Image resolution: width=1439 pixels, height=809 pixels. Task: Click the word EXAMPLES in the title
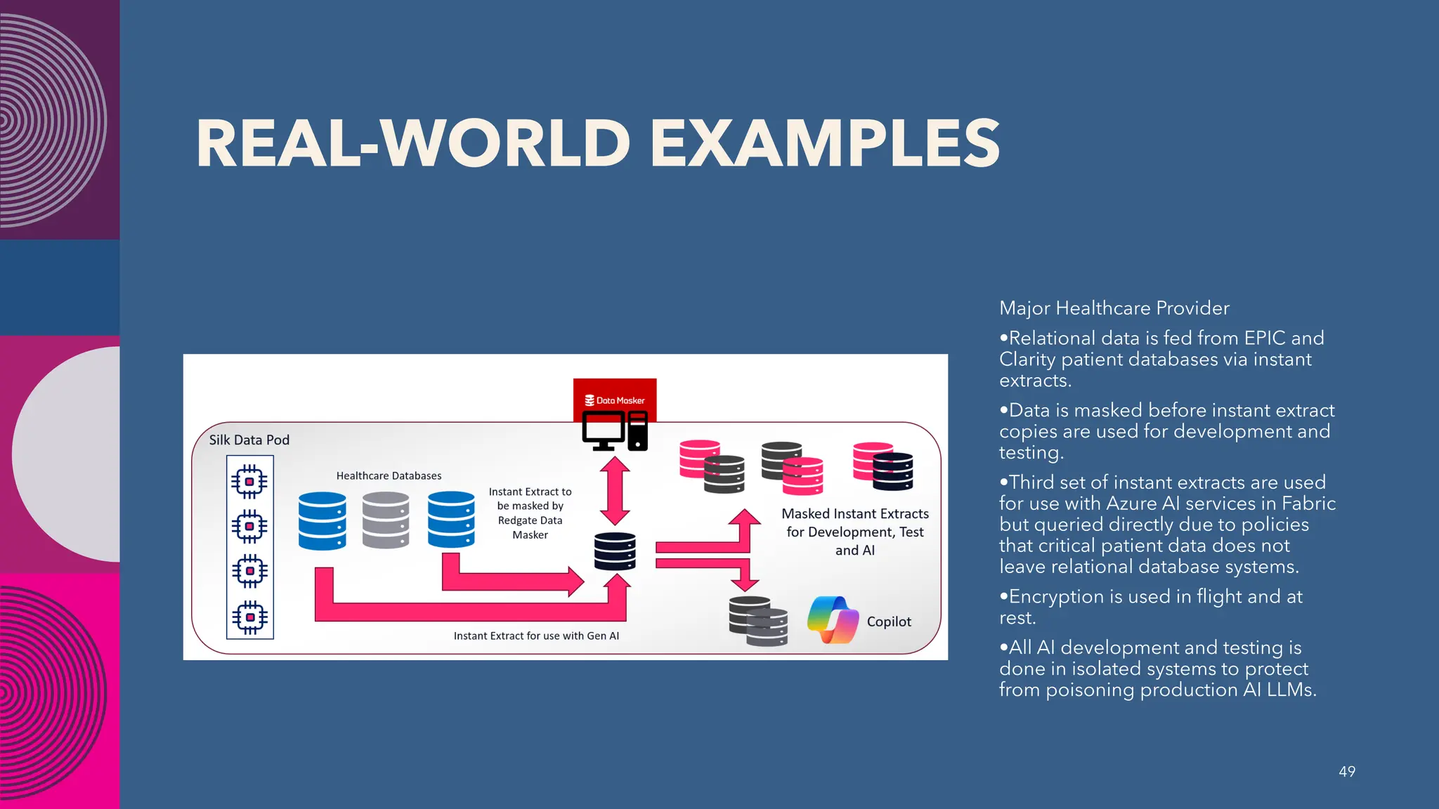click(x=823, y=143)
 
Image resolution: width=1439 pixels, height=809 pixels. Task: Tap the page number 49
click(x=1346, y=771)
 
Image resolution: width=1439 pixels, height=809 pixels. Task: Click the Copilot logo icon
click(x=833, y=620)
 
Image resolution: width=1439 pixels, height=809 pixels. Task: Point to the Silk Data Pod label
click(x=249, y=440)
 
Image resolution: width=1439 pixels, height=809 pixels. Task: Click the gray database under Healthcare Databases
click(x=386, y=520)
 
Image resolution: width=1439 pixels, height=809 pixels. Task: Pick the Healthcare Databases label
click(x=389, y=475)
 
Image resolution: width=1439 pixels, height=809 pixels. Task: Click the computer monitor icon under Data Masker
click(x=603, y=430)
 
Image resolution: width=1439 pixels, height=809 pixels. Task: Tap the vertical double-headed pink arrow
click(x=615, y=491)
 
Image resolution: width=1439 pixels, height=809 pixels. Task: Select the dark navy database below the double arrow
click(x=615, y=551)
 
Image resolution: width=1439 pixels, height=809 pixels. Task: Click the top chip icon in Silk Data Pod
click(x=249, y=482)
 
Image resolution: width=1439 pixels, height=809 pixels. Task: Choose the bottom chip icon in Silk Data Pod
click(x=249, y=617)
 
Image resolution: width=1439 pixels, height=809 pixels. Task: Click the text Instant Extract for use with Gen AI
click(x=536, y=636)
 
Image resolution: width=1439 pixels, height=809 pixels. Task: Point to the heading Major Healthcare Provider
click(x=1114, y=308)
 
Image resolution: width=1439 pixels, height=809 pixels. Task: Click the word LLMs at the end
click(x=1290, y=690)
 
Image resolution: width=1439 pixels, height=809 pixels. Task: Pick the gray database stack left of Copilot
click(x=757, y=621)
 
